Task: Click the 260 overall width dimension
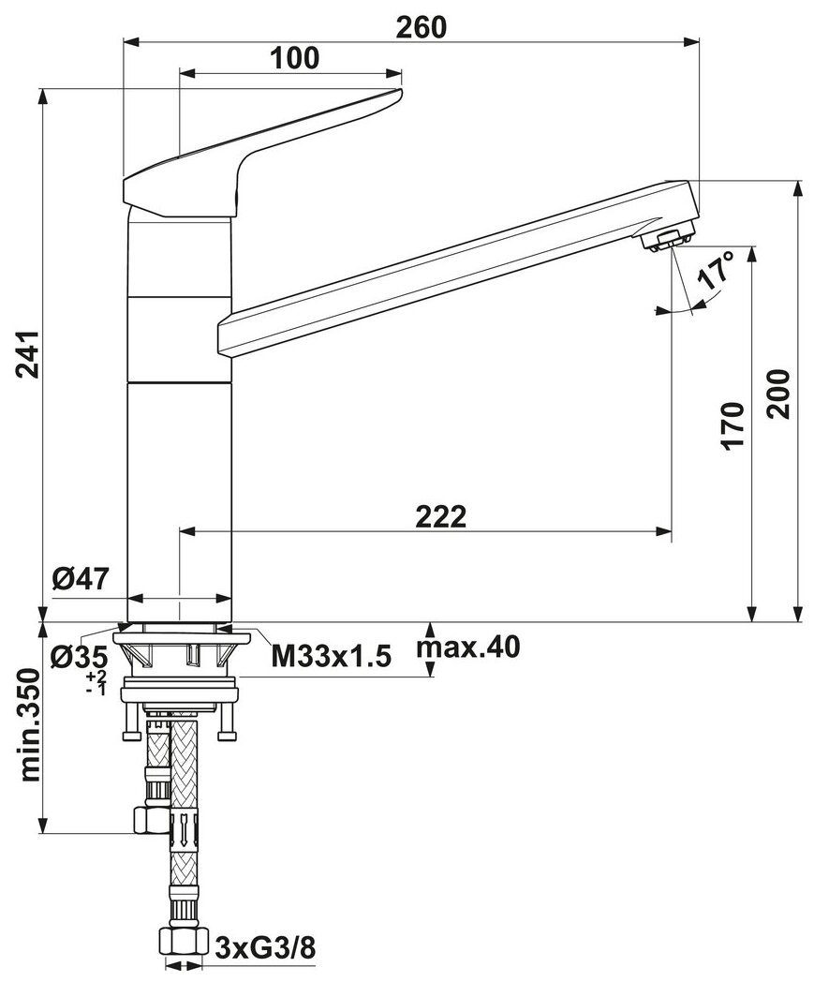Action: point(422,28)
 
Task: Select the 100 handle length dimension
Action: point(294,58)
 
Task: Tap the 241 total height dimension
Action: point(28,354)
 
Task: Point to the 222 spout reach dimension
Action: point(441,517)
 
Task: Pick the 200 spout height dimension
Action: point(778,394)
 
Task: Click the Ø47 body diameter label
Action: point(81,579)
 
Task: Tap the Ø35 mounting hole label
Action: point(80,658)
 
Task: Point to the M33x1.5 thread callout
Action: point(332,657)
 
